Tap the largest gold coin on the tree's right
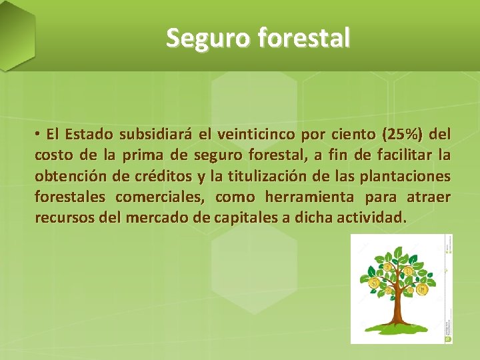point(422,290)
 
